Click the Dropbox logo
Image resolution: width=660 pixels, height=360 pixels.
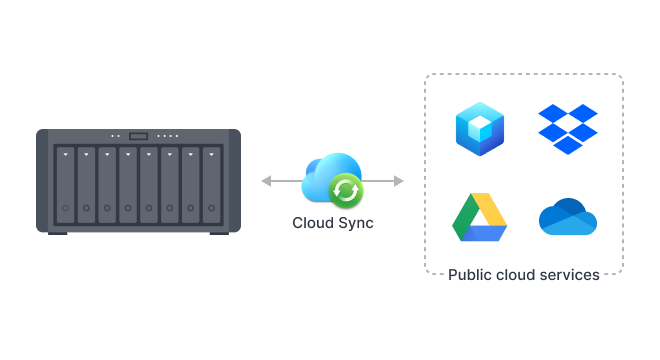click(x=567, y=129)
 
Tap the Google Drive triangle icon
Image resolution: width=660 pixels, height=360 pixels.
click(x=479, y=219)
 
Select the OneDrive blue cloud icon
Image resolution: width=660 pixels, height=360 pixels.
click(x=568, y=217)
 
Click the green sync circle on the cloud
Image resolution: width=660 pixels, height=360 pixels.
click(x=346, y=189)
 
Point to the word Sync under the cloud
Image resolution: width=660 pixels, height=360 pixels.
click(x=355, y=223)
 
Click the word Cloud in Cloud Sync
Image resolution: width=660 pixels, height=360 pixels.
click(x=313, y=223)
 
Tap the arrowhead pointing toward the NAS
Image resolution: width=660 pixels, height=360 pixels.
click(x=266, y=181)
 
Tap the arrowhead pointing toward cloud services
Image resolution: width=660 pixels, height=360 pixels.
click(x=399, y=181)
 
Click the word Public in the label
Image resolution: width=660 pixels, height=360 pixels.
click(x=469, y=274)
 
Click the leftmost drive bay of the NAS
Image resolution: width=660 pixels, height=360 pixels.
click(x=65, y=185)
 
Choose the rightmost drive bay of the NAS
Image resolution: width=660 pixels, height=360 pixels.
click(x=211, y=185)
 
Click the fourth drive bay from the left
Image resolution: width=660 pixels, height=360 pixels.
click(x=128, y=185)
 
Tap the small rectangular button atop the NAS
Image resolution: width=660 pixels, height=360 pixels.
click(x=138, y=136)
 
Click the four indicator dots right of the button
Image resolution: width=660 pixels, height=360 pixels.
click(x=168, y=136)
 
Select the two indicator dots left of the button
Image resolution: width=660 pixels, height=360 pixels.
click(x=115, y=136)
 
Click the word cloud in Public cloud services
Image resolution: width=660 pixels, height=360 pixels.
click(x=515, y=274)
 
